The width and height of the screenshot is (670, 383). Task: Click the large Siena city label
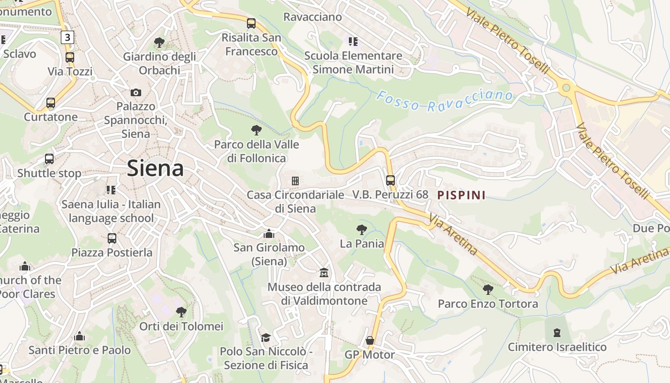[x=156, y=169]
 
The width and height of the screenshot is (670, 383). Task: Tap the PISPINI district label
[x=461, y=195]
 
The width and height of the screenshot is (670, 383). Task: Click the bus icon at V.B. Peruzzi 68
[x=391, y=180]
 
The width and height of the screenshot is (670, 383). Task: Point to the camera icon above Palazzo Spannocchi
[x=136, y=92]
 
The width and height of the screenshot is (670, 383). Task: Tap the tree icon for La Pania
[x=362, y=230]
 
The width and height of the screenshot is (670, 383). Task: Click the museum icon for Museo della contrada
[x=324, y=273]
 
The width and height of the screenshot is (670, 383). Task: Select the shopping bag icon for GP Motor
[x=369, y=340]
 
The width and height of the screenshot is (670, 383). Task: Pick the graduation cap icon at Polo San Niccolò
[x=266, y=338]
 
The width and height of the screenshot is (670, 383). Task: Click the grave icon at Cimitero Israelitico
[x=557, y=332]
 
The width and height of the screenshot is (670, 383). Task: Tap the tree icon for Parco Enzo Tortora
[x=488, y=289]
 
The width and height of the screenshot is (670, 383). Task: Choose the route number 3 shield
[x=67, y=37]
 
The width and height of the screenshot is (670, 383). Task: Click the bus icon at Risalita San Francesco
[x=251, y=23]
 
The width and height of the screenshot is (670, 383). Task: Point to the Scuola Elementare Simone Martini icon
[x=353, y=42]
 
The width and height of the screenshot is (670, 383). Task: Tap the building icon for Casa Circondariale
[x=295, y=181]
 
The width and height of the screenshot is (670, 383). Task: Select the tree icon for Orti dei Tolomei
[x=181, y=312]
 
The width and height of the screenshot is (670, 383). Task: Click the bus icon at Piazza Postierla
[x=112, y=238]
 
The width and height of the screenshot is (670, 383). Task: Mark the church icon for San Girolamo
[x=269, y=234]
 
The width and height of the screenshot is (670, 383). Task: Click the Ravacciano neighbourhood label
[x=313, y=17]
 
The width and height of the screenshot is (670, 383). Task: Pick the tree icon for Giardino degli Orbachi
[x=159, y=43]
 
